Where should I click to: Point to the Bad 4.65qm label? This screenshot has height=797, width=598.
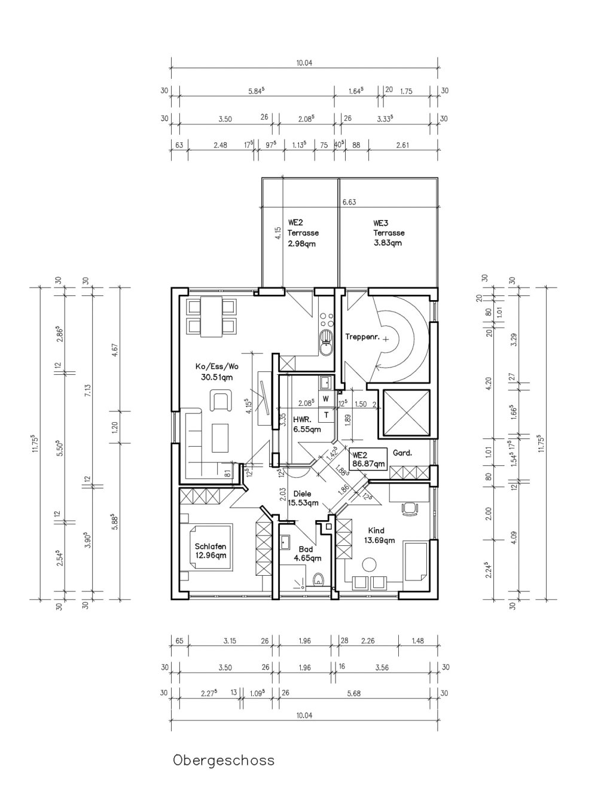pos(307,554)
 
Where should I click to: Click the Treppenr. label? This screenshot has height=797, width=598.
pos(362,337)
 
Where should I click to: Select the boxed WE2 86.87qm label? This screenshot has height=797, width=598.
pos(368,459)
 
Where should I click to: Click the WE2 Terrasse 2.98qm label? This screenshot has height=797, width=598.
pos(303,233)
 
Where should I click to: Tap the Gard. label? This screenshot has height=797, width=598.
pos(402,453)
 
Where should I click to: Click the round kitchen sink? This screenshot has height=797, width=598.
pos(327,343)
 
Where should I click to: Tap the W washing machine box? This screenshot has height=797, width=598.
pos(327,399)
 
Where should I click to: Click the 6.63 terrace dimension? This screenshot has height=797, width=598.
pos(349,202)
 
